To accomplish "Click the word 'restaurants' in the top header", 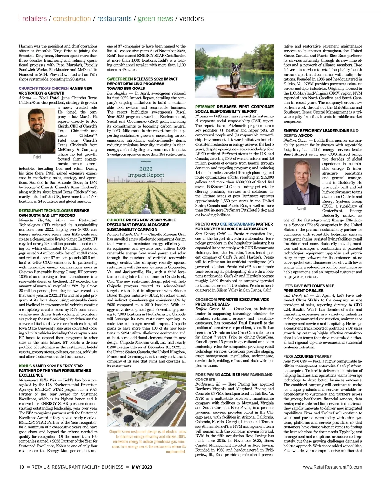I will pyautogui.click(x=114, y=18).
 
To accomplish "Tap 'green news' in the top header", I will pyautogui.click(x=156, y=18).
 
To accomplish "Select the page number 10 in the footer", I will pyautogui.click(x=21, y=467).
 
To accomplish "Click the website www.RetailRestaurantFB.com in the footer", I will pyautogui.click(x=332, y=467).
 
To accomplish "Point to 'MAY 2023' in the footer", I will pyautogui.click(x=142, y=467).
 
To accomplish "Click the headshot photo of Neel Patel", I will pyautogui.click(x=37, y=130).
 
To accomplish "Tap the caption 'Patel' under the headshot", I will pyautogui.click(x=37, y=157).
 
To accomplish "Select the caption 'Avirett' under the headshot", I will pyautogui.click(x=302, y=208).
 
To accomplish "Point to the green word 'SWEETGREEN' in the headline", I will pyautogui.click(x=120, y=79).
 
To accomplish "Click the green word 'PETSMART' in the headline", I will pyautogui.click(x=205, y=107).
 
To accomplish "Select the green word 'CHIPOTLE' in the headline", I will pyautogui.click(x=116, y=220).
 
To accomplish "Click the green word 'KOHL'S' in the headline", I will pyautogui.click(x=25, y=366).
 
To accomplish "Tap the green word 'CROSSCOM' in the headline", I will pyautogui.click(x=206, y=300).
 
